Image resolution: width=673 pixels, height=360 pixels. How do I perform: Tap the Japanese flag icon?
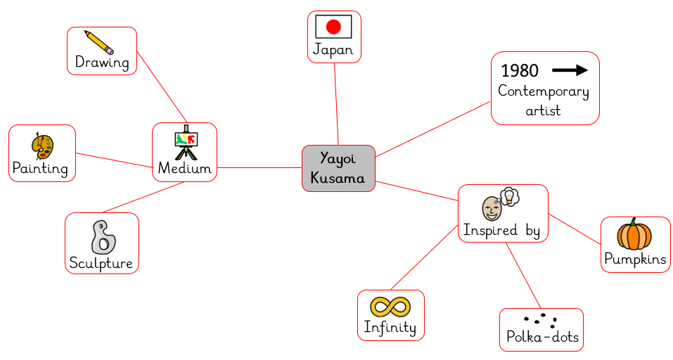(333, 27)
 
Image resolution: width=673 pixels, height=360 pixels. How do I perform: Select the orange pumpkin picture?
(634, 234)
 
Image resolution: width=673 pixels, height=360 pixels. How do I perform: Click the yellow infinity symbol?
(390, 307)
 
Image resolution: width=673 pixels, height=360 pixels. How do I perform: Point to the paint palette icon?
(42, 146)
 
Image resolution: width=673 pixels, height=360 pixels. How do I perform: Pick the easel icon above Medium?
(185, 142)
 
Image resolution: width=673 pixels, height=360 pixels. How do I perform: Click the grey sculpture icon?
(103, 237)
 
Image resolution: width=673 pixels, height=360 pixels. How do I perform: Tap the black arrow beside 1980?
(570, 70)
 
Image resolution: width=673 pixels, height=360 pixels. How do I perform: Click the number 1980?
(520, 70)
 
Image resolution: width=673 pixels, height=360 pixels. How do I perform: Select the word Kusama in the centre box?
(338, 178)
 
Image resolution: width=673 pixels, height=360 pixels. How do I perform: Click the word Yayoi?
(338, 158)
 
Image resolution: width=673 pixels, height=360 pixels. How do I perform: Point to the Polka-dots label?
(542, 337)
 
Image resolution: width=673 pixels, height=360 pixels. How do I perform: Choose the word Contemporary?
(543, 91)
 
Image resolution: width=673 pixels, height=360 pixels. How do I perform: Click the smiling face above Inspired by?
(492, 208)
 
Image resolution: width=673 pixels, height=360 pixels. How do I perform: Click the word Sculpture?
(101, 263)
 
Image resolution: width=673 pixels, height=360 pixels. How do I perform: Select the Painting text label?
(40, 169)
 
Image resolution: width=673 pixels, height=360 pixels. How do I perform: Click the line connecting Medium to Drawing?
(162, 86)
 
